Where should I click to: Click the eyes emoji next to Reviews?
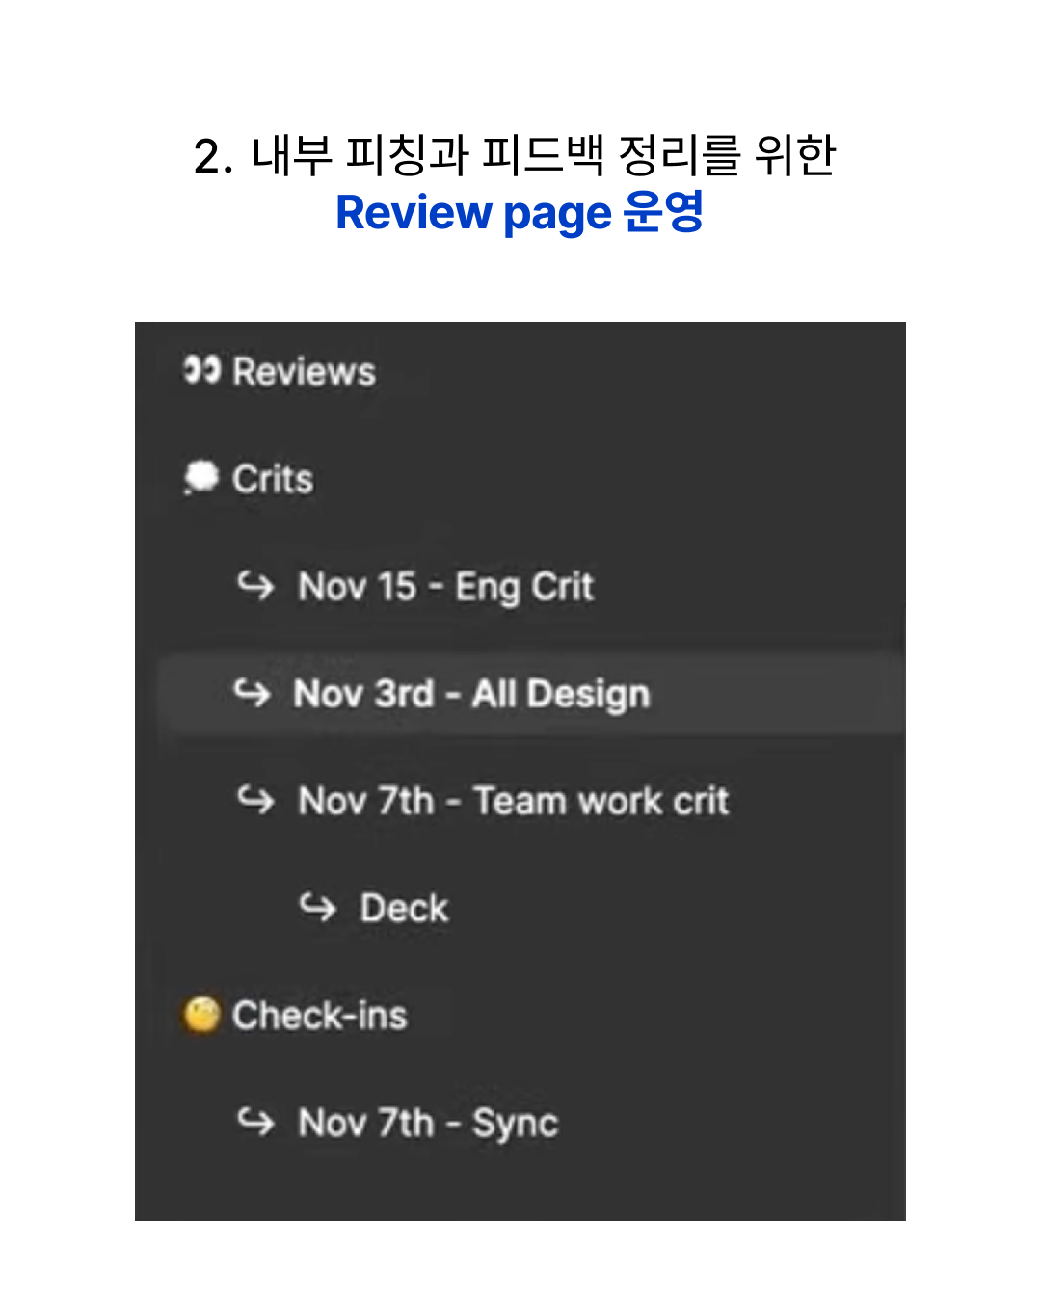[201, 369]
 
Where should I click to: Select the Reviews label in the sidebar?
[305, 371]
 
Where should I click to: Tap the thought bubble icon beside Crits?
[200, 477]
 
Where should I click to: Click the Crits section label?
[273, 479]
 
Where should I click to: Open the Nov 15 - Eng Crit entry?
[445, 587]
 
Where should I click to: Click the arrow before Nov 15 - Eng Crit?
[255, 585]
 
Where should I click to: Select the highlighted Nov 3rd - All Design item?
[471, 694]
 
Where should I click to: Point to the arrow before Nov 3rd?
[253, 693]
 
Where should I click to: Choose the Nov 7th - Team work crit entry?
[514, 801]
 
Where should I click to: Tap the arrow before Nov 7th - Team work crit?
[255, 800]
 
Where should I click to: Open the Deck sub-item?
[404, 908]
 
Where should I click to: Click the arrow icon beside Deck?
[317, 907]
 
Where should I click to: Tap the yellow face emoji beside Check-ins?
[201, 1015]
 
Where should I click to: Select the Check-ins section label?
[320, 1016]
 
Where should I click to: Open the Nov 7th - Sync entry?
[428, 1124]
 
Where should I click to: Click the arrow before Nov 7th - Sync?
[255, 1122]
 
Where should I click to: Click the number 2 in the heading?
[207, 156]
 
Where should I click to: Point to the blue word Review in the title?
[414, 213]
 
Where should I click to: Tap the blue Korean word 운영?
[663, 211]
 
